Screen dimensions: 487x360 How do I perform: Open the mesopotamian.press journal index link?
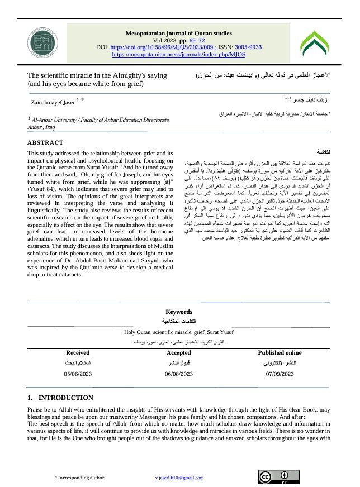179,55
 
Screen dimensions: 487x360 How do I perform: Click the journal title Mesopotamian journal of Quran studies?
179,34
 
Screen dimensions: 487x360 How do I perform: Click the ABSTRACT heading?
45,143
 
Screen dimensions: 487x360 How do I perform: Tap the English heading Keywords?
179,312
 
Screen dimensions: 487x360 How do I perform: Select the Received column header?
78,353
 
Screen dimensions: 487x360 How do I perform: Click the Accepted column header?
179,353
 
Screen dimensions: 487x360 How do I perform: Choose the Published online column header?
280,353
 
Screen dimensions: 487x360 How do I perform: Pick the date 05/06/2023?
78,373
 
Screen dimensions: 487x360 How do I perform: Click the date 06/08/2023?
179,373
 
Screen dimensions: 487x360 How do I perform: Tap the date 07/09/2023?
280,373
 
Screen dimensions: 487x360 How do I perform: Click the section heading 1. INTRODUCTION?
60,398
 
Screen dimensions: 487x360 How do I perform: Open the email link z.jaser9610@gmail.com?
179,478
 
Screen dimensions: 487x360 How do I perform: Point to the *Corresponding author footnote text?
79,478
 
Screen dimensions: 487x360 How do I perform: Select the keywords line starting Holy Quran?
179,331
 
